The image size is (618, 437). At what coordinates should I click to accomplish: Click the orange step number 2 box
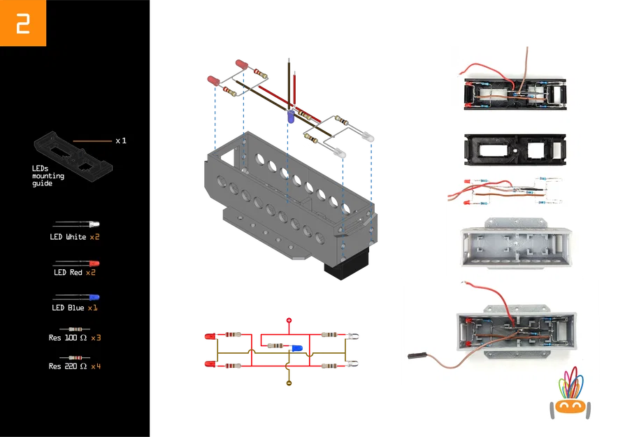(x=23, y=23)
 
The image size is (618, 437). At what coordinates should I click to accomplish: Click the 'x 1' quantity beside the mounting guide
(x=121, y=141)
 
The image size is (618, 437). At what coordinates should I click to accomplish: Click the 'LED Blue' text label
(x=68, y=308)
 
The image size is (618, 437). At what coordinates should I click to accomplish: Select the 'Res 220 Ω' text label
(x=68, y=366)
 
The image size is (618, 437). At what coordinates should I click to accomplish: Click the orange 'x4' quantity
(x=96, y=366)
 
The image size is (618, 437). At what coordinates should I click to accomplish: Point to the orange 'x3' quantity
(x=96, y=338)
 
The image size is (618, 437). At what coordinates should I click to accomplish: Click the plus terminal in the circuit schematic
(x=288, y=320)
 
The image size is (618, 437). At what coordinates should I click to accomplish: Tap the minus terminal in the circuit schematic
(x=288, y=383)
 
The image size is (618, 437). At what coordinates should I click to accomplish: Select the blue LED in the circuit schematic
(x=296, y=347)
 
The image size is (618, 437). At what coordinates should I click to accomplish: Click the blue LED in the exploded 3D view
(x=289, y=117)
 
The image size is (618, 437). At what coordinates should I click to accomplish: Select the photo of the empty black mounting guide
(x=514, y=148)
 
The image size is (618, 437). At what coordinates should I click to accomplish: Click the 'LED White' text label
(x=68, y=237)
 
